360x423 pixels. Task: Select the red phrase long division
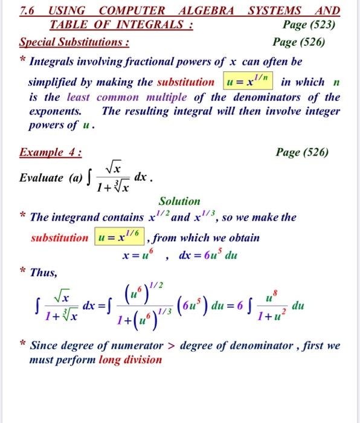130,360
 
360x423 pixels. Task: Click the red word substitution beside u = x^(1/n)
185,82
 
